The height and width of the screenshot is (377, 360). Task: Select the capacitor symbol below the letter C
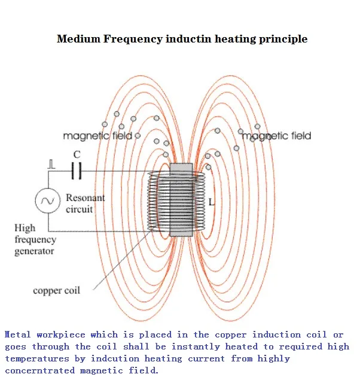click(x=76, y=172)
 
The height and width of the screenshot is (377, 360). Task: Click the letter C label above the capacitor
click(x=76, y=155)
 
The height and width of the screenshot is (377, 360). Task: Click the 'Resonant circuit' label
click(x=84, y=203)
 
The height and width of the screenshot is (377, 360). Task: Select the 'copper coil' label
click(x=56, y=291)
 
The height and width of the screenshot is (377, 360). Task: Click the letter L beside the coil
click(x=211, y=202)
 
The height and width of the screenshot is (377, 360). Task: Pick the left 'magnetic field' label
click(x=97, y=136)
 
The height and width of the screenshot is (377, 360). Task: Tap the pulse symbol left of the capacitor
click(x=52, y=163)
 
